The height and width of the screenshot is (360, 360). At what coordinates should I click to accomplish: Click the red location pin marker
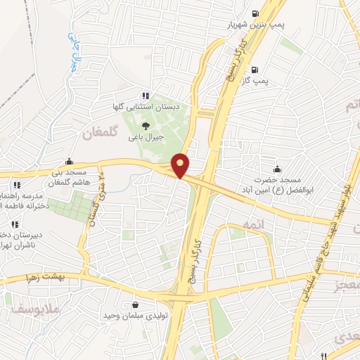pyautogui.click(x=181, y=165)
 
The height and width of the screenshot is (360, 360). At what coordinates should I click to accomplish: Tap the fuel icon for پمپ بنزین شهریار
pyautogui.click(x=254, y=13)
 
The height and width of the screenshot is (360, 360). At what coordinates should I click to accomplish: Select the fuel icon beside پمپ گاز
pyautogui.click(x=253, y=69)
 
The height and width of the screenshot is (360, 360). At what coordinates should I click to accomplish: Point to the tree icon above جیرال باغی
pyautogui.click(x=146, y=126)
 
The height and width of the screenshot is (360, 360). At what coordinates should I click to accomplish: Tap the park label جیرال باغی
pyautogui.click(x=146, y=138)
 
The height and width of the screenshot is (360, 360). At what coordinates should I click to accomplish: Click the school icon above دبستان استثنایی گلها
pyautogui.click(x=146, y=96)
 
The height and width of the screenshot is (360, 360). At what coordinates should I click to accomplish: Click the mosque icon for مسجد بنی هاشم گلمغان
pyautogui.click(x=67, y=161)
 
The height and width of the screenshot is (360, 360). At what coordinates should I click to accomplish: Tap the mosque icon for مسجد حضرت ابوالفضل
pyautogui.click(x=278, y=168)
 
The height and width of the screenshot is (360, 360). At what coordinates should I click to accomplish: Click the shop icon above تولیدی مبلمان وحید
pyautogui.click(x=134, y=305)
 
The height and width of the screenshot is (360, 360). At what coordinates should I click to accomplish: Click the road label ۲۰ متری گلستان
pyautogui.click(x=95, y=200)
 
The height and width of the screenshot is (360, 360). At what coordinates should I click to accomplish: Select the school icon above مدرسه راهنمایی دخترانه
pyautogui.click(x=15, y=184)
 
